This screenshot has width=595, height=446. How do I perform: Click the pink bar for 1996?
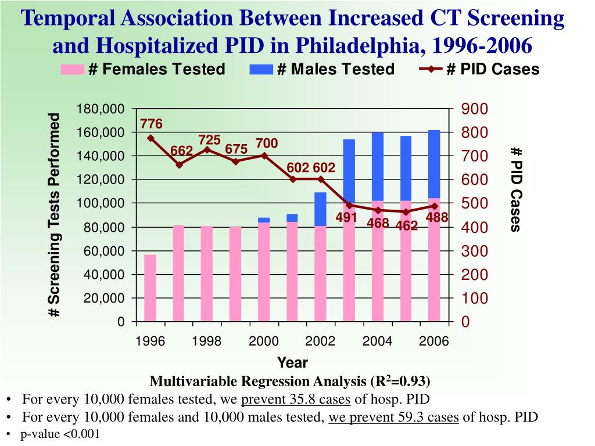tap(150, 288)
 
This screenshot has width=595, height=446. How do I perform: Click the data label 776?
tap(151, 124)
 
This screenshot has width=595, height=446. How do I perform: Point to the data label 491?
tap(346, 218)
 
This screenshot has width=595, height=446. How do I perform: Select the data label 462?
tap(407, 225)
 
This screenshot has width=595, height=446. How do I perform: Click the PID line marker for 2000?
tap(264, 156)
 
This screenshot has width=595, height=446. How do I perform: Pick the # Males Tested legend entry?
tap(322, 70)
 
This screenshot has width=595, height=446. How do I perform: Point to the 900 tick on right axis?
tap(475, 109)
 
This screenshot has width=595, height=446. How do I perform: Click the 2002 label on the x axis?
tap(321, 341)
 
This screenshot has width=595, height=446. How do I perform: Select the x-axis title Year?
tap(292, 363)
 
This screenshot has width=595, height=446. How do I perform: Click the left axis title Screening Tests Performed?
tap(55, 215)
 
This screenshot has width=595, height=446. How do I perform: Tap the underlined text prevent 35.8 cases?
tap(296, 400)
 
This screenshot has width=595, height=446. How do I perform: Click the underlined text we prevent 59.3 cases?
tap(394, 417)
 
